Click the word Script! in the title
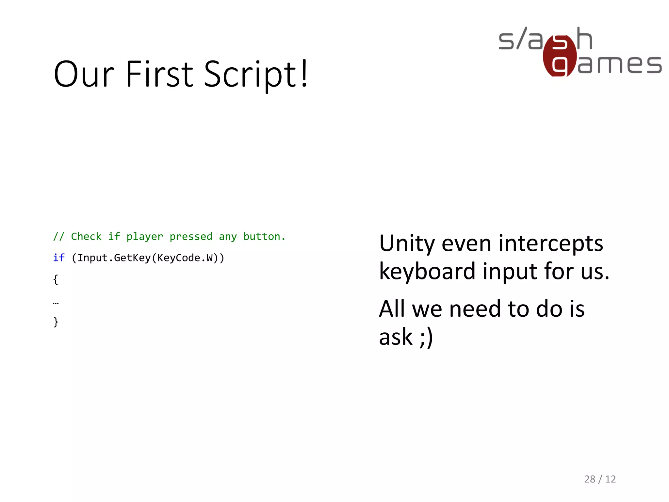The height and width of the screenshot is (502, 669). (x=256, y=75)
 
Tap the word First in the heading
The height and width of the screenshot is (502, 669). (x=160, y=75)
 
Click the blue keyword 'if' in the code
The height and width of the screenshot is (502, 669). (x=59, y=258)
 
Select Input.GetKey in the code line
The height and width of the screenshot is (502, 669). (x=114, y=258)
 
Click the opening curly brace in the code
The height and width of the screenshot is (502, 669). (x=56, y=279)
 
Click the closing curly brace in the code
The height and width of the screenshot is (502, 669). (x=56, y=322)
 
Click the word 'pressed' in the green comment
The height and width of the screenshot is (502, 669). (x=191, y=237)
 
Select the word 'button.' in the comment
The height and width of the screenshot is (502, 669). (x=264, y=237)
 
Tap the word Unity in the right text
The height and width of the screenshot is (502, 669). (x=407, y=244)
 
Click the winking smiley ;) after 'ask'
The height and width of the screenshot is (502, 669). (x=426, y=337)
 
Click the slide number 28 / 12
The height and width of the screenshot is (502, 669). (x=600, y=479)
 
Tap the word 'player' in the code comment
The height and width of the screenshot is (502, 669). (x=144, y=237)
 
